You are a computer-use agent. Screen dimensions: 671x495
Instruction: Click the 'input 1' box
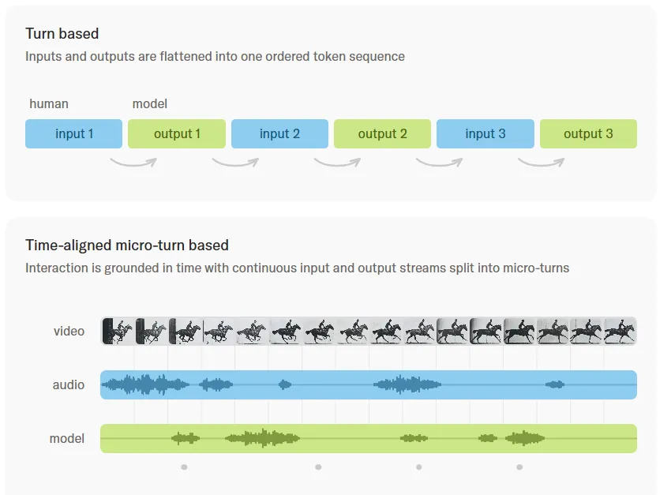(73, 134)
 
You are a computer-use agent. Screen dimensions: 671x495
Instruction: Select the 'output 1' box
(177, 134)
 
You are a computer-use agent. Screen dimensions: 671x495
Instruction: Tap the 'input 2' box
(280, 134)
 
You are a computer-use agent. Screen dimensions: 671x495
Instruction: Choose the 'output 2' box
(383, 134)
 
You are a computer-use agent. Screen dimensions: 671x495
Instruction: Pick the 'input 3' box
(485, 134)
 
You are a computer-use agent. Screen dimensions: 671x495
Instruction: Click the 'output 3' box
(588, 134)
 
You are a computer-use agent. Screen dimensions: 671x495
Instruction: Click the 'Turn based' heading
(62, 33)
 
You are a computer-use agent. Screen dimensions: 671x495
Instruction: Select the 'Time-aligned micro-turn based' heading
(127, 246)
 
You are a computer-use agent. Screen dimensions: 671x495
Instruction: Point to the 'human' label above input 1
(49, 104)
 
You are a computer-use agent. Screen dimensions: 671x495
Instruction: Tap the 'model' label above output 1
(150, 104)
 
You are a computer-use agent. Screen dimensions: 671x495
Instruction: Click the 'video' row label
(69, 331)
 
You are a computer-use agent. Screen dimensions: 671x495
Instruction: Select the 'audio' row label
(69, 384)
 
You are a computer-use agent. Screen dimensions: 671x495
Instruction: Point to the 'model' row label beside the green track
(67, 438)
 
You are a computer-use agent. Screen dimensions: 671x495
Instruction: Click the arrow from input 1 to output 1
(133, 164)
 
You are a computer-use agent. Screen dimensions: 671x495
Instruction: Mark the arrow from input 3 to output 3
(541, 164)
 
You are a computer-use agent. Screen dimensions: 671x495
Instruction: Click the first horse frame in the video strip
(118, 331)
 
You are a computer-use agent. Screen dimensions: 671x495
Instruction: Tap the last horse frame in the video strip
(620, 331)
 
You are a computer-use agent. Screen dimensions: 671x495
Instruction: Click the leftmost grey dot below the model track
(184, 467)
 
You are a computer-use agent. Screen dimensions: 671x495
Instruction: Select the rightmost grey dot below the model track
(519, 467)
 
